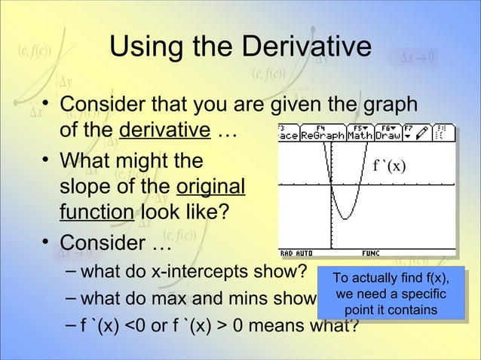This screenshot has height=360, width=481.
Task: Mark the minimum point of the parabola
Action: click(x=344, y=218)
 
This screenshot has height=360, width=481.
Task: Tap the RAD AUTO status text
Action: click(x=297, y=253)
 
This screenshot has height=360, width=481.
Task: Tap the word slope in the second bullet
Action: click(x=83, y=187)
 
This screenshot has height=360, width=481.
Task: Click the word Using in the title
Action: click(x=148, y=46)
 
